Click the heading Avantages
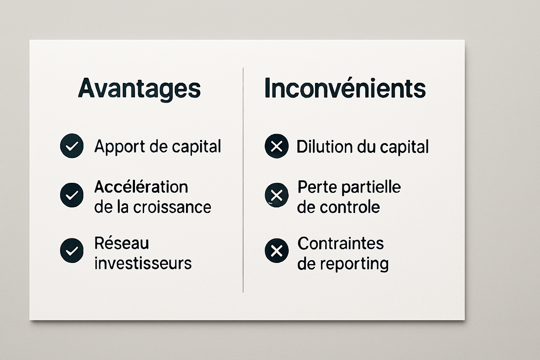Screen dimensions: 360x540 point(139,88)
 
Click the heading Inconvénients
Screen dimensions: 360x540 point(345,88)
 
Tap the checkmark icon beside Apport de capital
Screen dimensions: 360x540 point(72,146)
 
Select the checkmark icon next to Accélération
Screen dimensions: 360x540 point(72,195)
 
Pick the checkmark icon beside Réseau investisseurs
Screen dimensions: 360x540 point(72,251)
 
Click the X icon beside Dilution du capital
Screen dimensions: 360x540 point(277,146)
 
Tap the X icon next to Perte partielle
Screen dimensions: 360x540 point(277,195)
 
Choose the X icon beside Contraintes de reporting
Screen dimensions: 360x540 point(277,251)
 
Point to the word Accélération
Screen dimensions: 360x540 point(141,187)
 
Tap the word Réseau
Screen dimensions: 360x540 point(122,243)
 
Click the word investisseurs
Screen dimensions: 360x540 point(143,263)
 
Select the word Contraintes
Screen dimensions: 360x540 point(340,243)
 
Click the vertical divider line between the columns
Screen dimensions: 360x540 point(243,179)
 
